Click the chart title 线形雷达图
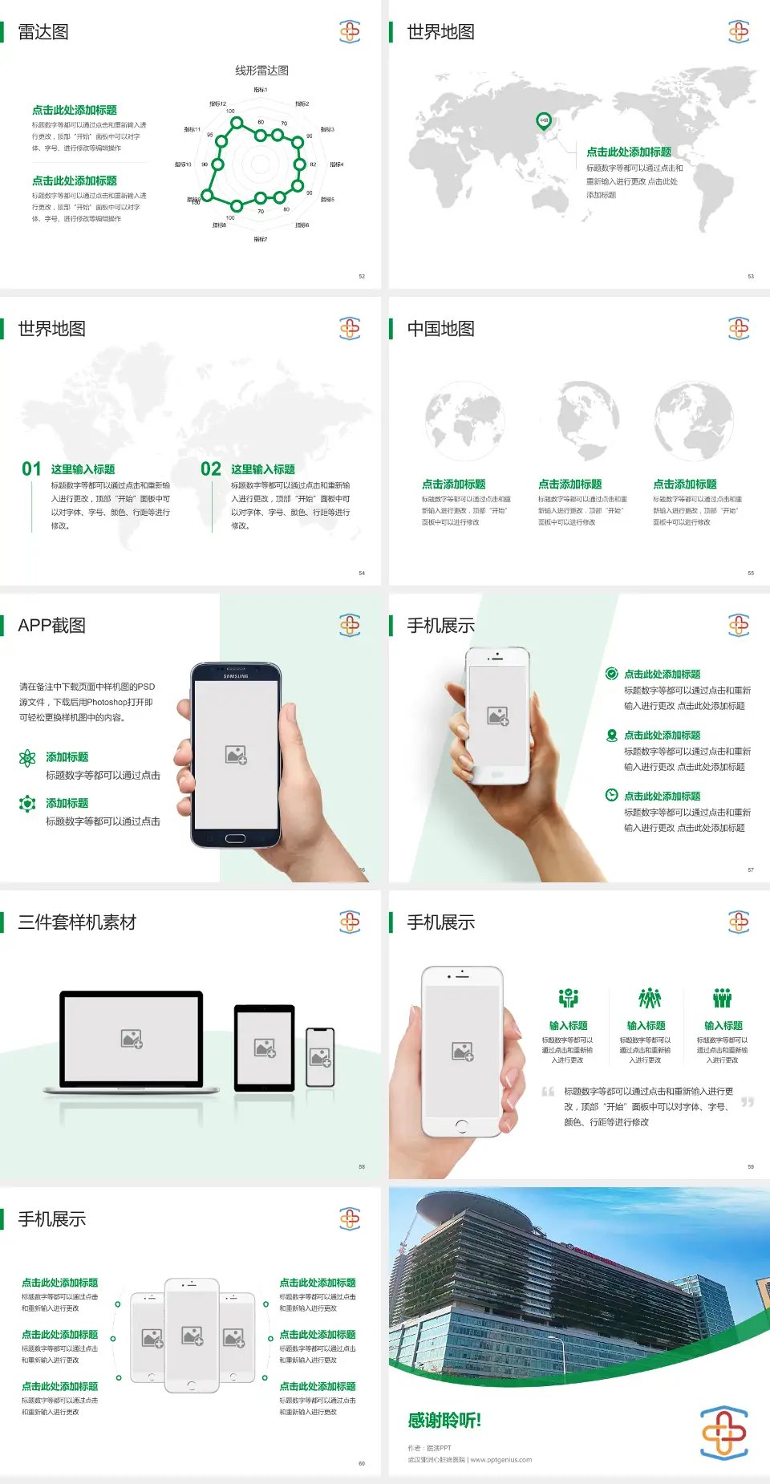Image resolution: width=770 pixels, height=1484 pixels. click(261, 71)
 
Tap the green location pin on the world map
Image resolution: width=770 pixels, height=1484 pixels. click(544, 121)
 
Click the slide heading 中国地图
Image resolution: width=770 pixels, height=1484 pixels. click(440, 329)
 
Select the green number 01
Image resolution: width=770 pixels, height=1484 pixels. click(31, 469)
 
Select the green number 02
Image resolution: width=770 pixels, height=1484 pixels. click(211, 469)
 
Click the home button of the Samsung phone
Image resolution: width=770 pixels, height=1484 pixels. click(235, 838)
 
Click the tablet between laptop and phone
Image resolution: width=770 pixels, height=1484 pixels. click(265, 1047)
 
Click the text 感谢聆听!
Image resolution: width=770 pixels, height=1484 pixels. click(444, 1421)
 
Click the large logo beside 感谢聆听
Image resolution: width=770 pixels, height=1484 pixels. click(724, 1432)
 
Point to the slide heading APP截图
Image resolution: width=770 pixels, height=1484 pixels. click(51, 626)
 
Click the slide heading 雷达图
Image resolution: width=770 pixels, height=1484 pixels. click(43, 32)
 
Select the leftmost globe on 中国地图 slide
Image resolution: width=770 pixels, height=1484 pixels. click(464, 421)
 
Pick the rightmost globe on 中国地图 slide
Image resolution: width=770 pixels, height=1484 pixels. click(693, 421)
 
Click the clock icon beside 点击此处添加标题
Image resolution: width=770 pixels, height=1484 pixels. click(611, 795)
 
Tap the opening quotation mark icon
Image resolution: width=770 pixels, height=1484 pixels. click(548, 1092)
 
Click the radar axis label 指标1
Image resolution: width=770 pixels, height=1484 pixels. click(261, 90)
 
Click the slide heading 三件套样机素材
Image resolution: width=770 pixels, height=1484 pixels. click(77, 922)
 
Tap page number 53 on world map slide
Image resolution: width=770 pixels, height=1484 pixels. click(751, 276)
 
